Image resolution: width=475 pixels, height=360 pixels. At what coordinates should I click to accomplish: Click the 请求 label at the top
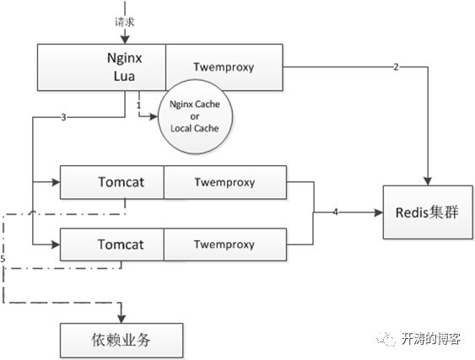(x=125, y=22)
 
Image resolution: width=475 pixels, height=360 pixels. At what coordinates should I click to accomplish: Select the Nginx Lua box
(x=101, y=67)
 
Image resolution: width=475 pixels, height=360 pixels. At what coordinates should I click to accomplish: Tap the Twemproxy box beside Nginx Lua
(x=224, y=67)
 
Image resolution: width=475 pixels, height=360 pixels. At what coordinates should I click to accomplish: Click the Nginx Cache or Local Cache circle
(x=196, y=116)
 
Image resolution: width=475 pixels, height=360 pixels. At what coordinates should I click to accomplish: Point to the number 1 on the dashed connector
(x=138, y=105)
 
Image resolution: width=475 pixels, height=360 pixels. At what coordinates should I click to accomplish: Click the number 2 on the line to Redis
(x=396, y=67)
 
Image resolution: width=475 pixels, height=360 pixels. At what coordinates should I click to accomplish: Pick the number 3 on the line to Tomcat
(x=63, y=117)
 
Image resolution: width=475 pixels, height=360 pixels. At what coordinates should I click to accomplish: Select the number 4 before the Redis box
(x=335, y=212)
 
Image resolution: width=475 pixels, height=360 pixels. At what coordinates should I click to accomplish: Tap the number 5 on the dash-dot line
(x=3, y=259)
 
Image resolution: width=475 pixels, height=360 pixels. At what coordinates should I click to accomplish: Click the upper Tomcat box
(x=112, y=182)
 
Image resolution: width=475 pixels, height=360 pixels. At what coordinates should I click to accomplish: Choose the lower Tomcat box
(x=112, y=244)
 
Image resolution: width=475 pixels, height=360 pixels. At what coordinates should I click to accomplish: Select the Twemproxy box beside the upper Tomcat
(x=225, y=182)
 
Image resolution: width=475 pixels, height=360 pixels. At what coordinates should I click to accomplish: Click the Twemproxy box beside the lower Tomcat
(x=225, y=244)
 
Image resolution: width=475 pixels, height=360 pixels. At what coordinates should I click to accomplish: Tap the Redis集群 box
(x=428, y=212)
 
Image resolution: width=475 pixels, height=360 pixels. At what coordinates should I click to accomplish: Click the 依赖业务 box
(x=121, y=341)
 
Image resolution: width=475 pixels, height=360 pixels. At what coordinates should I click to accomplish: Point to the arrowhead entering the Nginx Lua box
(x=125, y=40)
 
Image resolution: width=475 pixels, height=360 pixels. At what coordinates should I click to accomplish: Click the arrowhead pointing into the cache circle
(x=154, y=116)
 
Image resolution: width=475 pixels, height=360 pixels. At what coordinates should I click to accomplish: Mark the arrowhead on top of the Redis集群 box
(x=428, y=181)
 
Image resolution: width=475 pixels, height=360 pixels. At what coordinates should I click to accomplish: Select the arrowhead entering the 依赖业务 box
(x=121, y=320)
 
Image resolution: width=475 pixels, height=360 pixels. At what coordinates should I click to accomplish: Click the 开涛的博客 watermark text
(x=431, y=339)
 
